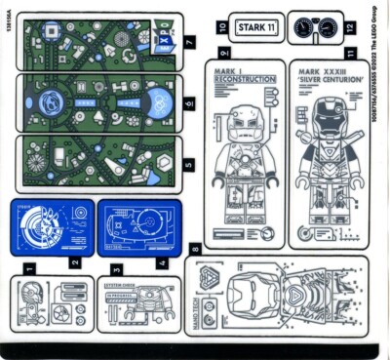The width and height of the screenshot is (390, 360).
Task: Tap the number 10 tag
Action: (220, 27)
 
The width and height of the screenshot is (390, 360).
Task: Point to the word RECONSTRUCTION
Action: (245, 79)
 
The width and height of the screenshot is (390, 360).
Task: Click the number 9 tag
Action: (224, 52)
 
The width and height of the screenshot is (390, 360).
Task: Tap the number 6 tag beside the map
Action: (189, 101)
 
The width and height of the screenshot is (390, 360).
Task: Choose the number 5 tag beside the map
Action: (189, 163)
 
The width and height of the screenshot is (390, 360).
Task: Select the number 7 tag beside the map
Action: (189, 41)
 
